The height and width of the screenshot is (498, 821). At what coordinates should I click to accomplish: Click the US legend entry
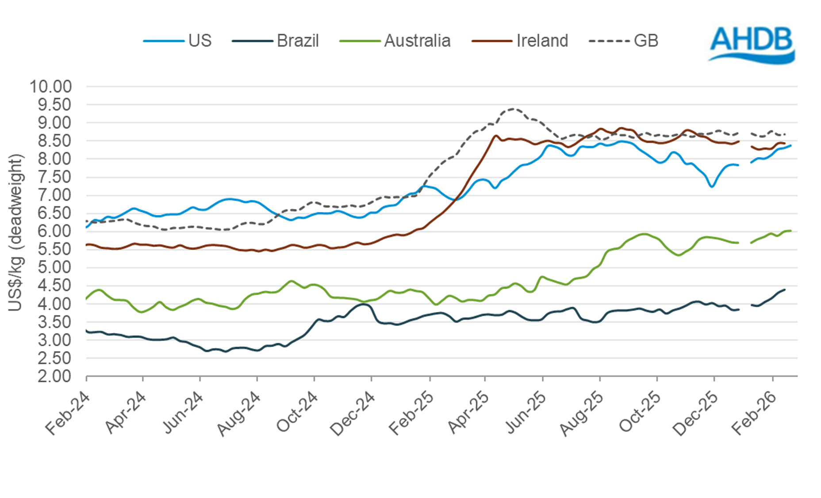[178, 41]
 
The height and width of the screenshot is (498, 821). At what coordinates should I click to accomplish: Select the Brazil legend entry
[276, 41]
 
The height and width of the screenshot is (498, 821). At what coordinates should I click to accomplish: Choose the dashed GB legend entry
[624, 41]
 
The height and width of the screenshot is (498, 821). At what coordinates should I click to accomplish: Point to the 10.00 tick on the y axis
[50, 87]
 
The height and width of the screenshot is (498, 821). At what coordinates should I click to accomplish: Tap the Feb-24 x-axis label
[67, 413]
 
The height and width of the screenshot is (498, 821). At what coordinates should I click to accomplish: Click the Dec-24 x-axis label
[353, 413]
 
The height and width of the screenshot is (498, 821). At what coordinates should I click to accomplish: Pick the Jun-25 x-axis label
[526, 413]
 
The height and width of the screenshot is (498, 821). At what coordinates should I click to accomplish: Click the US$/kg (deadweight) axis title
[15, 232]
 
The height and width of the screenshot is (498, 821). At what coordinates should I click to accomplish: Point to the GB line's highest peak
[513, 108]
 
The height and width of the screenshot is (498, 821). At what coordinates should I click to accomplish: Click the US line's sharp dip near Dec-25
[712, 186]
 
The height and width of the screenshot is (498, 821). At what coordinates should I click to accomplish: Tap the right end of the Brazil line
[784, 290]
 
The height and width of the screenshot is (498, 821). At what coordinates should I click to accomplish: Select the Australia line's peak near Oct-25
[645, 234]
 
